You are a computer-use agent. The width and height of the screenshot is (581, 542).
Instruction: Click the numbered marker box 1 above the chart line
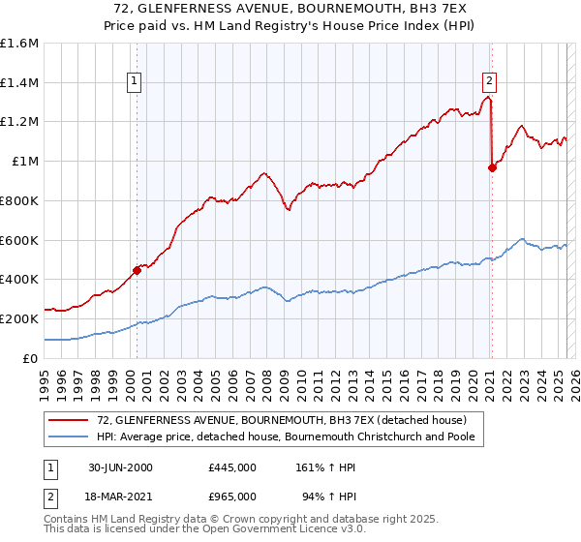[x=134, y=82]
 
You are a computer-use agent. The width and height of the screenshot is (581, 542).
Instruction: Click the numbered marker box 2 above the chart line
[x=490, y=82]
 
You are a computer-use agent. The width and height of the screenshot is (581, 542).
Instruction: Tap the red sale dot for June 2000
[x=137, y=270]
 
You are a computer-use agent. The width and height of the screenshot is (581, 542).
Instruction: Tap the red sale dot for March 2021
[x=492, y=167]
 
